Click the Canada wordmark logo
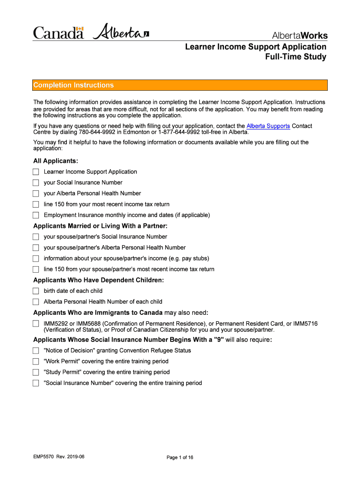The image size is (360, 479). coord(58,33)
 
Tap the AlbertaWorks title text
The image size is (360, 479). coord(300,36)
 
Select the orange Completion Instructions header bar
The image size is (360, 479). coord(180,85)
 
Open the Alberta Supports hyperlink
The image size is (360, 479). coord(268,126)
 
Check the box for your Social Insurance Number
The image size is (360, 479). coord(36,182)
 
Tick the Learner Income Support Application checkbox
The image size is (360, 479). coord(36,172)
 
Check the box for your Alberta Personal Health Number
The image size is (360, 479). coord(36,193)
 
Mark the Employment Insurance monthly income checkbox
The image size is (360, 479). coord(36,215)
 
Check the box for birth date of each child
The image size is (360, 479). coord(36,291)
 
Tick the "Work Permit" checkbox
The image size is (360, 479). coord(36,361)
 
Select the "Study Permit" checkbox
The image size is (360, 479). coord(36,372)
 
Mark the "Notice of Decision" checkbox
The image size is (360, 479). coord(36,350)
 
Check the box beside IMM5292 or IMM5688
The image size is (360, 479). coord(36,323)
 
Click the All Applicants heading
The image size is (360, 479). coord(56,161)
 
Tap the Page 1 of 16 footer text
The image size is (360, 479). coord(180,457)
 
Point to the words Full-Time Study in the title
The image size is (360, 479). coord(295,57)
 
